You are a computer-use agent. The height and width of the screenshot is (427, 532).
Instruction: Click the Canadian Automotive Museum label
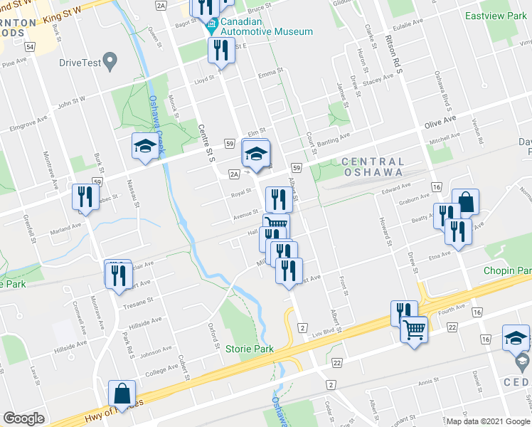266,31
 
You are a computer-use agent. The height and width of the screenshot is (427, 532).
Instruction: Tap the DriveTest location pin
110,61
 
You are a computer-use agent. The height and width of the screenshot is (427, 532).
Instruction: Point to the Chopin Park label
507,271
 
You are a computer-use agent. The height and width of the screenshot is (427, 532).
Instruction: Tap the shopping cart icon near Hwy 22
413,329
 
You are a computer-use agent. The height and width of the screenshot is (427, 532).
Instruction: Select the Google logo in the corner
23,418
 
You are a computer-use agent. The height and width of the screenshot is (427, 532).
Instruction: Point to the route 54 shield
29,46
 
